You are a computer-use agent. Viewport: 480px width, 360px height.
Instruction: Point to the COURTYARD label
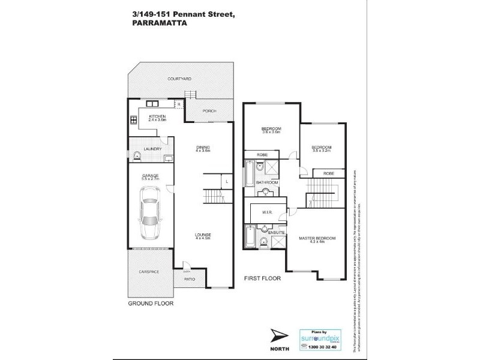tap(179, 79)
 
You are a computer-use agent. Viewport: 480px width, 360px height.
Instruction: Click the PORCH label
tap(209, 110)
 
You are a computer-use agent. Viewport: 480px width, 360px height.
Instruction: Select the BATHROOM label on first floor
tap(266, 182)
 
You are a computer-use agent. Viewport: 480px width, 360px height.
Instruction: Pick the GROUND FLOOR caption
tap(151, 304)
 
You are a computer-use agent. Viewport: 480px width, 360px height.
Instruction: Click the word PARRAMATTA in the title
tap(158, 24)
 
